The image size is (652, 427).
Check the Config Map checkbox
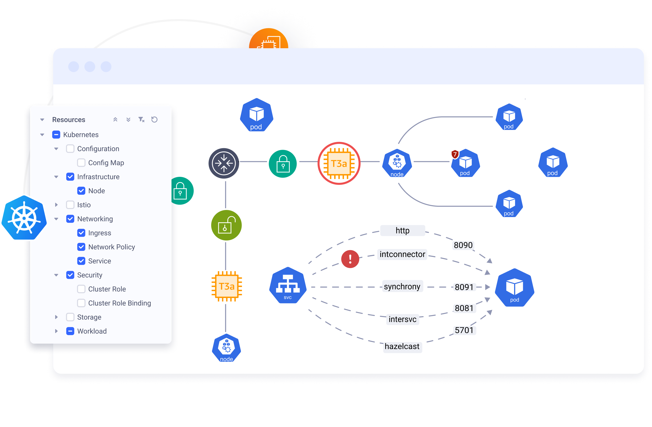pyautogui.click(x=81, y=163)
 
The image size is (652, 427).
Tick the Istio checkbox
pyautogui.click(x=70, y=205)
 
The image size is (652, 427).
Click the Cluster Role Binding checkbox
pyautogui.click(x=81, y=303)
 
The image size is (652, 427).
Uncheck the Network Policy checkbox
pyautogui.click(x=81, y=247)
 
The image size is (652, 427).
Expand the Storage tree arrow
pyautogui.click(x=56, y=317)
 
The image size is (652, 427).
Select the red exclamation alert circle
pyautogui.click(x=350, y=259)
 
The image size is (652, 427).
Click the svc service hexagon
pyautogui.click(x=288, y=285)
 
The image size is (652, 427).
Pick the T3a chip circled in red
pyautogui.click(x=339, y=164)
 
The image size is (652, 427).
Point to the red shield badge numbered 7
pyautogui.click(x=455, y=154)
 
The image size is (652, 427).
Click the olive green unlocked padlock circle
pyautogui.click(x=226, y=225)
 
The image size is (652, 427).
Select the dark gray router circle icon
pyautogui.click(x=224, y=164)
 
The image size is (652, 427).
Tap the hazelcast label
pyautogui.click(x=402, y=346)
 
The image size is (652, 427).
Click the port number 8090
pyautogui.click(x=463, y=245)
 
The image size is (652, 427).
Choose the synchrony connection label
pyautogui.click(x=402, y=287)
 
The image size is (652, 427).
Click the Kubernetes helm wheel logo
pyautogui.click(x=24, y=218)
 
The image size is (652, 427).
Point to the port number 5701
pyautogui.click(x=464, y=330)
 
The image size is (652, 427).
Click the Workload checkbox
pyautogui.click(x=70, y=331)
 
